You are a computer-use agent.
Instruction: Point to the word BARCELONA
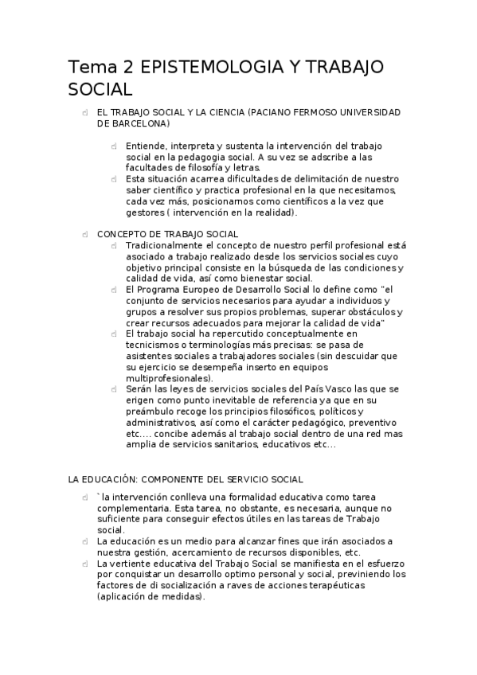tap(138, 124)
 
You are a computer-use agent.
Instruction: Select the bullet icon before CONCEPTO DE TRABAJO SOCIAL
tap(84, 234)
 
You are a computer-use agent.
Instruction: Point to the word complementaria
tap(135, 507)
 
